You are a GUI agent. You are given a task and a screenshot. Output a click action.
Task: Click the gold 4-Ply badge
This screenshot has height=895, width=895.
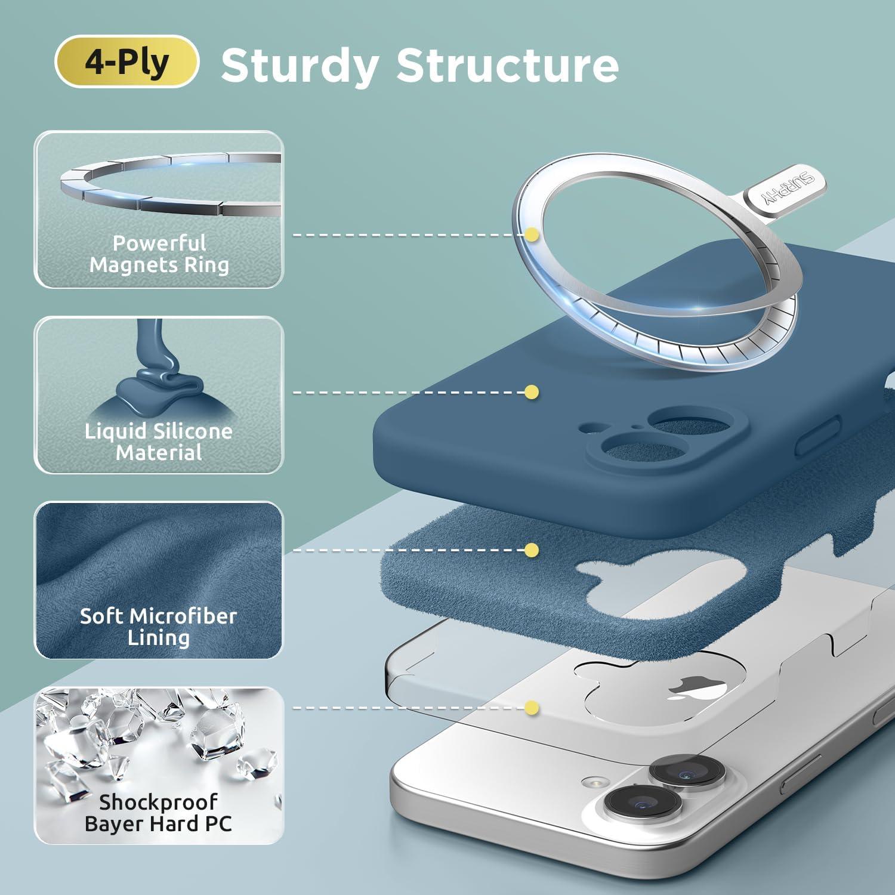click(x=126, y=61)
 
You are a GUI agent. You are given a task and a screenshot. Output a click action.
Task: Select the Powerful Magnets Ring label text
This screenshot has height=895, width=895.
click(x=159, y=254)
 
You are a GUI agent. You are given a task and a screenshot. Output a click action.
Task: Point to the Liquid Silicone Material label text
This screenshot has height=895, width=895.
click(x=159, y=442)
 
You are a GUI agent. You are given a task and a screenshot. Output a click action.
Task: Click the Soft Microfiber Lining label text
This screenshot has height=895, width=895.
click(x=159, y=626)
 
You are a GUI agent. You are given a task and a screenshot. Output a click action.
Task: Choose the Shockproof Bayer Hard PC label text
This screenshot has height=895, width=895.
click(x=159, y=813)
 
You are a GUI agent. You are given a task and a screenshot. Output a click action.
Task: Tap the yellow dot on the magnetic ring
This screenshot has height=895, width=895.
click(x=532, y=235)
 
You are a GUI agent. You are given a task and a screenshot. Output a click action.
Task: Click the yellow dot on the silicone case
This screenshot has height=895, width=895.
click(x=532, y=392)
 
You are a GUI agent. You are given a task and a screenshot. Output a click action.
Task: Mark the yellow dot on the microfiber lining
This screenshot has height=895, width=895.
click(x=532, y=550)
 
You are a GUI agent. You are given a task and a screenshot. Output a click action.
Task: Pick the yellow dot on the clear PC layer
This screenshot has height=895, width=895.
click(x=532, y=708)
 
